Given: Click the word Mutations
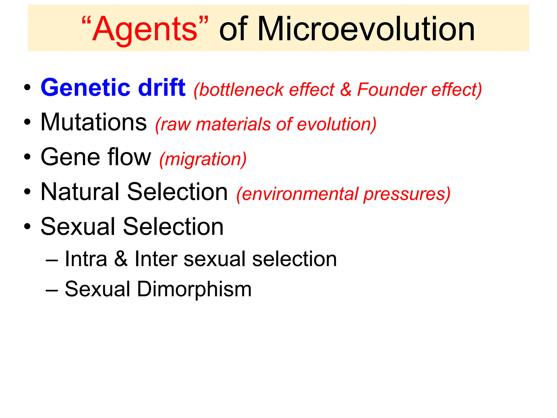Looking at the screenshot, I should tap(94, 122).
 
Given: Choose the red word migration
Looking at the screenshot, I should tap(203, 159).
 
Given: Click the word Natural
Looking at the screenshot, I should tap(80, 192).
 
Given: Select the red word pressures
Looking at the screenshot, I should tap(406, 194).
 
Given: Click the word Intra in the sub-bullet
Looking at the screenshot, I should tap(86, 259).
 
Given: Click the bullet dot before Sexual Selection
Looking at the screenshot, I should tap(27, 226).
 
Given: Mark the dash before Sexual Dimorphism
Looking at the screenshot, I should tap(52, 290).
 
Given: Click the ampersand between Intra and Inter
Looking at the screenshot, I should tap(121, 259).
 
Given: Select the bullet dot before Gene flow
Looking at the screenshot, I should tap(27, 157).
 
